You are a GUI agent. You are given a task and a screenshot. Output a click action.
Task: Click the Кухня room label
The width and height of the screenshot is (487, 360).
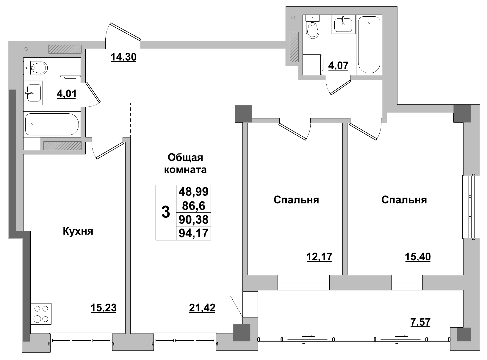pos(78,231)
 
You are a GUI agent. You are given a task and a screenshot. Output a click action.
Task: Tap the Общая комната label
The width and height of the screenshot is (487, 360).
pos(185,163)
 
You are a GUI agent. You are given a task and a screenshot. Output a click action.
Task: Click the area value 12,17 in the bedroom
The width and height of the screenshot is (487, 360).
pos(319,256)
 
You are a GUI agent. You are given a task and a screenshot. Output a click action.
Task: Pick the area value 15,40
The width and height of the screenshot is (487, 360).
pos(418,256)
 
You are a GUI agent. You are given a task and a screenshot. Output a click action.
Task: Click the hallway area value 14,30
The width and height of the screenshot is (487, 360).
pos(123,57)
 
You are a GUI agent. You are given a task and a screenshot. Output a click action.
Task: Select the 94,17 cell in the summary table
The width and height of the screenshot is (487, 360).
pos(193,233)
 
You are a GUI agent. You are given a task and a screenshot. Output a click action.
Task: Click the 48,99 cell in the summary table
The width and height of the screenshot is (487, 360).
pos(193,192)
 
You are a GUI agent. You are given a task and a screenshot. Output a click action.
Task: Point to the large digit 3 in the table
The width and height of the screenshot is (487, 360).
pos(166,212)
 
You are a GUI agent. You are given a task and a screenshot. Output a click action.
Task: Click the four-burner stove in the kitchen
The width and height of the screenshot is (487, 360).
pos(41,314)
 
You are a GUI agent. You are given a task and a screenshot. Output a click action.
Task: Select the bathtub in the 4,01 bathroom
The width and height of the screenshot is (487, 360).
pos(52,124)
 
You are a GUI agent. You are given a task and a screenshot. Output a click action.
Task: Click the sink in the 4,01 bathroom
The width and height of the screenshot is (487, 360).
pos(33,93)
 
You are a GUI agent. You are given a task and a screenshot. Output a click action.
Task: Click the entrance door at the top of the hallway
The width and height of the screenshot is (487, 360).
pos(125,31)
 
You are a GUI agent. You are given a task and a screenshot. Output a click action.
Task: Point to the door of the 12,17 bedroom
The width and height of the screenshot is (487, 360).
pos(292,132)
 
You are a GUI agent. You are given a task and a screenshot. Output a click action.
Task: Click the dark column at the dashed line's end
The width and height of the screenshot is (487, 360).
pos(243,113)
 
